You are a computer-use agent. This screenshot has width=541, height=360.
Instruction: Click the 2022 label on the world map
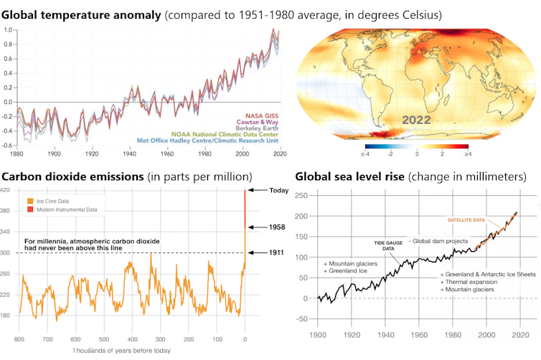pos(416,120)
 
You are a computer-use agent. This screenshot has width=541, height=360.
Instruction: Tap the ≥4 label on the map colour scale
pos(468,154)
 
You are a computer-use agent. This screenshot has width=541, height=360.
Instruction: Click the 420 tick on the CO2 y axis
pos(6,190)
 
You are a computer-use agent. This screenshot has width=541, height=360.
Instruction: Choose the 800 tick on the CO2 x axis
pos(19,338)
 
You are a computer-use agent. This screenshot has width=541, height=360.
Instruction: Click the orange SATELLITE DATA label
pos(466,219)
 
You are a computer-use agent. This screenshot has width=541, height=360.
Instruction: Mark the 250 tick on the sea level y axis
pos(302,195)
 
